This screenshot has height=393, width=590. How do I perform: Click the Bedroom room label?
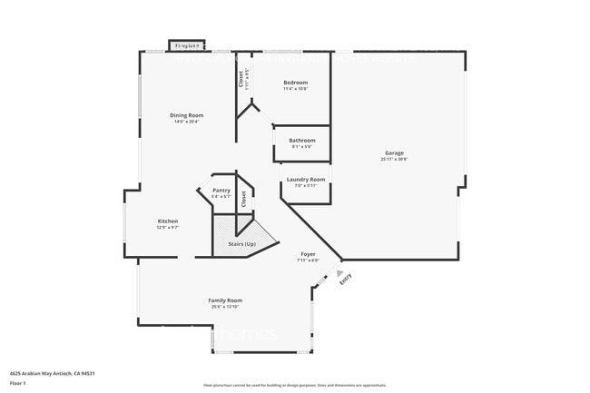295,83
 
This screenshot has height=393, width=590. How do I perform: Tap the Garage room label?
393,152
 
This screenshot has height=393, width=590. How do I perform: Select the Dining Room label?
186,114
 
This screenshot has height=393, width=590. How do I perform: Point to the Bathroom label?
302,140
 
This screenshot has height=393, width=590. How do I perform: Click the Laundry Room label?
305,179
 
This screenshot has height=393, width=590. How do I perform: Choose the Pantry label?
221,190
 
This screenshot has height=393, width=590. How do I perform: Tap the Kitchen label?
167,221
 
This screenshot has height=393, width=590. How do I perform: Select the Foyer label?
308,254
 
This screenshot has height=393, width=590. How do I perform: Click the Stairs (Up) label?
241,245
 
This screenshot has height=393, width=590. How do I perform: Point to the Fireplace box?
187,44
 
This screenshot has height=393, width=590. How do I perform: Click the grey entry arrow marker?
339,271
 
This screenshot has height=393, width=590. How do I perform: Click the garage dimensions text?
394,159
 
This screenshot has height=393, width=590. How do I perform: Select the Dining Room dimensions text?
186,121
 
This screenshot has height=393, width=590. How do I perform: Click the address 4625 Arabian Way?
53,373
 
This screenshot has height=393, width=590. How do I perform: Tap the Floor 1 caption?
18,383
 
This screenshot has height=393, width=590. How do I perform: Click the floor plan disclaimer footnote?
295,386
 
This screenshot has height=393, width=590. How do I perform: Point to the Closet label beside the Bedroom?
241,80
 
